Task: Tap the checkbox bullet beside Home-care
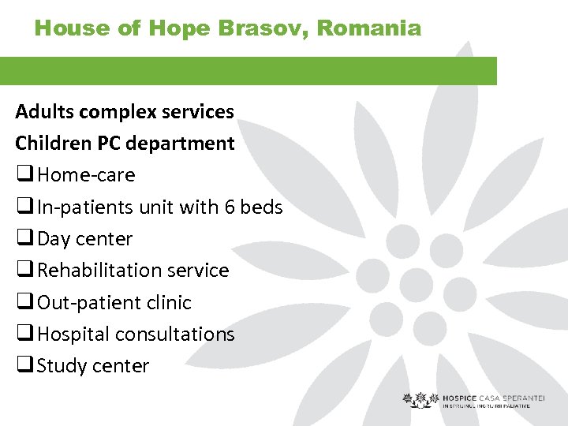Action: click(x=24, y=175)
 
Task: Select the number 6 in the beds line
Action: click(x=230, y=207)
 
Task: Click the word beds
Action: click(x=261, y=207)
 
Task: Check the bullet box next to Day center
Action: click(x=24, y=239)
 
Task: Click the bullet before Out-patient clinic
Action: click(x=24, y=303)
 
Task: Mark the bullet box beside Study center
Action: click(x=24, y=366)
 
